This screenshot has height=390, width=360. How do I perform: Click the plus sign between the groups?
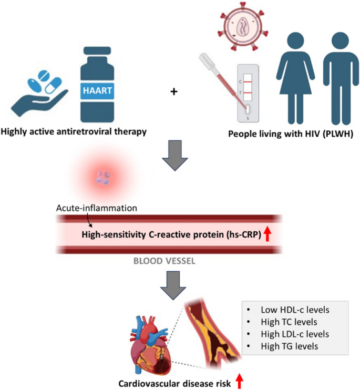[174, 93]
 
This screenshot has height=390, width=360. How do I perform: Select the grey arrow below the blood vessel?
[178, 284]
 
